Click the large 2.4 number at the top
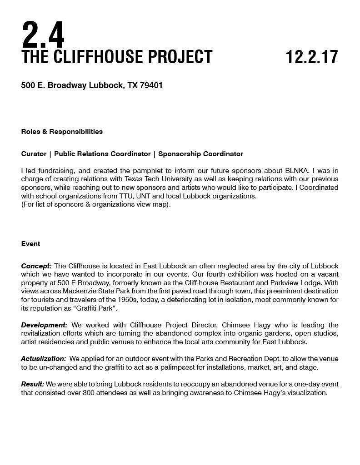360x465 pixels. pos(43,35)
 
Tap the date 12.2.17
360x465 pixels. pos(312,57)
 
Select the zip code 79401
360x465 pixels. pos(151,85)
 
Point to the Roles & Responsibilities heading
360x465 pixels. pos(62,132)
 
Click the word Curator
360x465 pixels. pos(34,154)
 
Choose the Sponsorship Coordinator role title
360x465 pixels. pos(200,154)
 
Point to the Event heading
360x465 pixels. pos(30,244)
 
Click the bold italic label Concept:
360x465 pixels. pos(36,266)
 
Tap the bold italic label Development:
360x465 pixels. pos(44,325)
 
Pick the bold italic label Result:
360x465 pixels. pos(33,384)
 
